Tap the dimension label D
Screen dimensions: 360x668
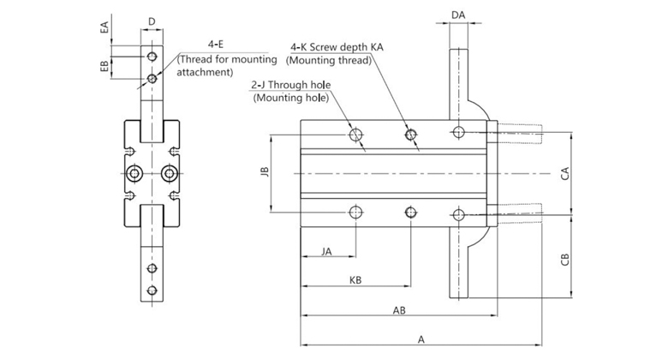coord(152,21)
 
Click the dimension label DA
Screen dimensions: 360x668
coord(458,15)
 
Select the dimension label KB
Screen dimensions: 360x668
coord(355,280)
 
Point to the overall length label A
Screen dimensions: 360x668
coord(421,339)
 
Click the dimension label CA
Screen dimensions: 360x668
coord(564,173)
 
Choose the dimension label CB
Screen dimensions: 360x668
coord(564,260)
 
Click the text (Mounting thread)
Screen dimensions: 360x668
coord(329,61)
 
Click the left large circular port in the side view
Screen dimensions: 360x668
coord(134,175)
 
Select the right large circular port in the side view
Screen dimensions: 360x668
coord(170,175)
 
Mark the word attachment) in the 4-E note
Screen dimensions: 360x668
coord(206,73)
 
